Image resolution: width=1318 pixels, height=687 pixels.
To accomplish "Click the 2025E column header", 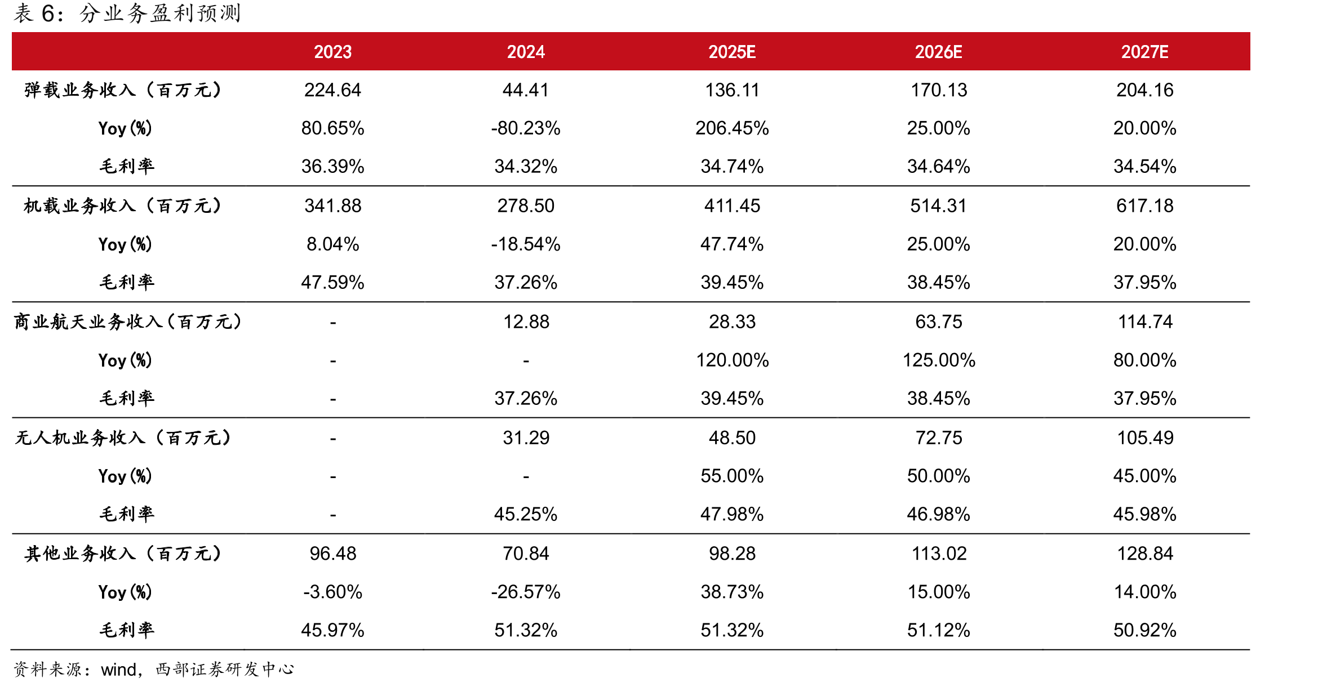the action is (732, 52).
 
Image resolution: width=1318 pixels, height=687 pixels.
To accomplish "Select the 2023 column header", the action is (332, 52).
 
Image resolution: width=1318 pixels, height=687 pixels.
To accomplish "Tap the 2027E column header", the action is (1144, 52).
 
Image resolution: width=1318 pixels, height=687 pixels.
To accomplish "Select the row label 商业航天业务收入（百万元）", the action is (128, 322).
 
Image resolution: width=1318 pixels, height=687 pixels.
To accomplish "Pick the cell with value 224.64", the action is (332, 90).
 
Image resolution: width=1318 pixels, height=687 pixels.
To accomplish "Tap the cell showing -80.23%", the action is (526, 128).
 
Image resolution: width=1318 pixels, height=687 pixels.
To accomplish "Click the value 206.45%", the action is (732, 128).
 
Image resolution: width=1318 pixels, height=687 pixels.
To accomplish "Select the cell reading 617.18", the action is (1144, 206).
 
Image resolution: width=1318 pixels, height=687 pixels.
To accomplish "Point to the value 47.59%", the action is (332, 283).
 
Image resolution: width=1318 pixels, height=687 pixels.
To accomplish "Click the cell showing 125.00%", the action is (939, 360).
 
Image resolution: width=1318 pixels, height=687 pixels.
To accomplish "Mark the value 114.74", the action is (1144, 322).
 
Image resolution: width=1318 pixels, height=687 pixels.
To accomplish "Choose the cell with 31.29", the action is (526, 438).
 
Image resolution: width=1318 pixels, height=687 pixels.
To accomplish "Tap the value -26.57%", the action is (526, 592).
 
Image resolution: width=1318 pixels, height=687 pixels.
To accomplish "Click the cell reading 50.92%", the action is (1144, 631).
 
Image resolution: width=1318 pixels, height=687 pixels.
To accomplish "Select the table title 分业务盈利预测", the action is (161, 14).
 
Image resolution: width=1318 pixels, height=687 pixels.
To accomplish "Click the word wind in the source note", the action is (118, 670).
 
